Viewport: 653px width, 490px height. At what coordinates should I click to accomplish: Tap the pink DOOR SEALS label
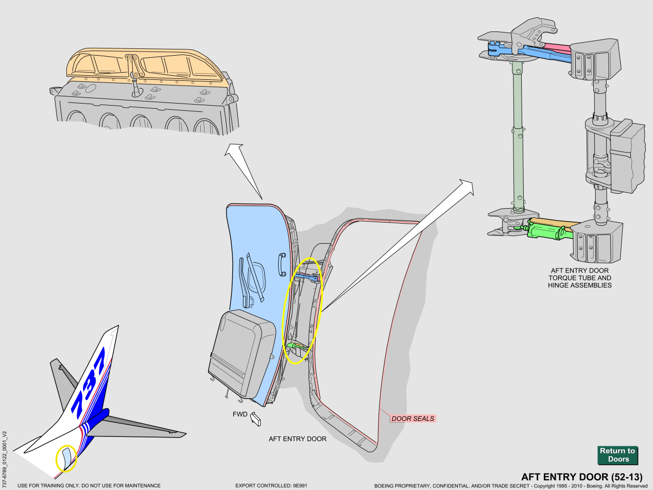413,418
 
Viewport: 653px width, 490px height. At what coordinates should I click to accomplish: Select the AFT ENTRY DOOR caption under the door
297,439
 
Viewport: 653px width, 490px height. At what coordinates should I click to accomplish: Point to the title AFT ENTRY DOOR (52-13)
581,477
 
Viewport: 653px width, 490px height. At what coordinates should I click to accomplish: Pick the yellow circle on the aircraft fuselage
66,458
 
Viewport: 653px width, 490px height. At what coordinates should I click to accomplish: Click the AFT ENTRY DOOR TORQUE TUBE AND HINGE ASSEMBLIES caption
579,278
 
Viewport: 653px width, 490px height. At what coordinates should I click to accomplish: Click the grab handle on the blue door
282,264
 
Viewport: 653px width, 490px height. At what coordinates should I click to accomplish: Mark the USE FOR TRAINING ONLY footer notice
89,485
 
